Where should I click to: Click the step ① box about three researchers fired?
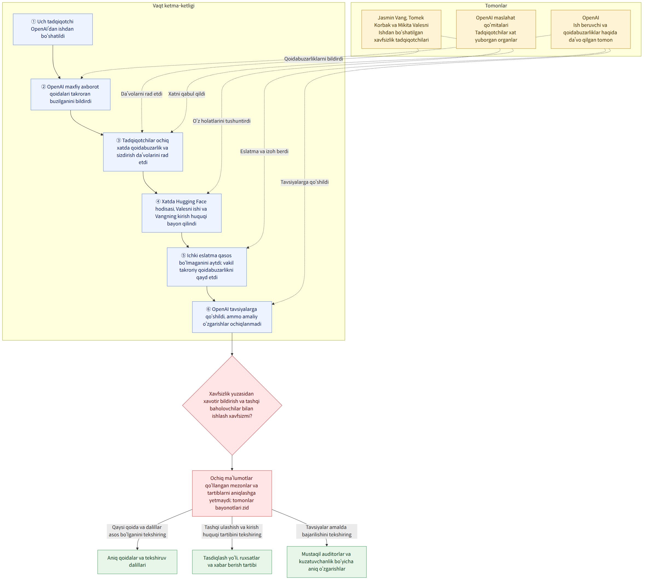click(x=53, y=29)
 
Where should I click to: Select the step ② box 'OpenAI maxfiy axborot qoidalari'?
click(x=71, y=94)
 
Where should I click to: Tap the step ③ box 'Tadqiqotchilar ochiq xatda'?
click(x=143, y=152)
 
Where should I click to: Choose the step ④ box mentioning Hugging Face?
click(x=182, y=213)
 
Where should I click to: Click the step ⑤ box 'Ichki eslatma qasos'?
click(x=207, y=267)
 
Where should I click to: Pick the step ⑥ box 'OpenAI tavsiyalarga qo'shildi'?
click(x=232, y=317)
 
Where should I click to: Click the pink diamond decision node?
click(x=232, y=405)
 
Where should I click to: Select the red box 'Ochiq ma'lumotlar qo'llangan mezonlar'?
click(x=232, y=493)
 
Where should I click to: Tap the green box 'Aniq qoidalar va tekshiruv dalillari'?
click(x=137, y=562)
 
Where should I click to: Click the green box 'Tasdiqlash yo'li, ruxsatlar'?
click(x=232, y=562)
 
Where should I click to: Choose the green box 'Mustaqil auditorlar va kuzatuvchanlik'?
click(x=326, y=562)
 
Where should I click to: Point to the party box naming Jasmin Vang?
click(x=401, y=29)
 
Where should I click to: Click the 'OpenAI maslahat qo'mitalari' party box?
click(x=496, y=29)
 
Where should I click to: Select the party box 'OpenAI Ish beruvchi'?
click(x=591, y=29)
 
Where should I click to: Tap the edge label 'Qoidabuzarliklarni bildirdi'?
click(x=313, y=59)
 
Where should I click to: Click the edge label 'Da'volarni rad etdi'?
click(x=142, y=94)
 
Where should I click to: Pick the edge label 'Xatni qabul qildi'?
click(x=187, y=94)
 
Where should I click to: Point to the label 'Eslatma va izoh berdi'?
click(x=264, y=151)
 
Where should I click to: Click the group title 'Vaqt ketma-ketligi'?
click(x=173, y=6)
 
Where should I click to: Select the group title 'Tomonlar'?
click(x=496, y=6)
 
